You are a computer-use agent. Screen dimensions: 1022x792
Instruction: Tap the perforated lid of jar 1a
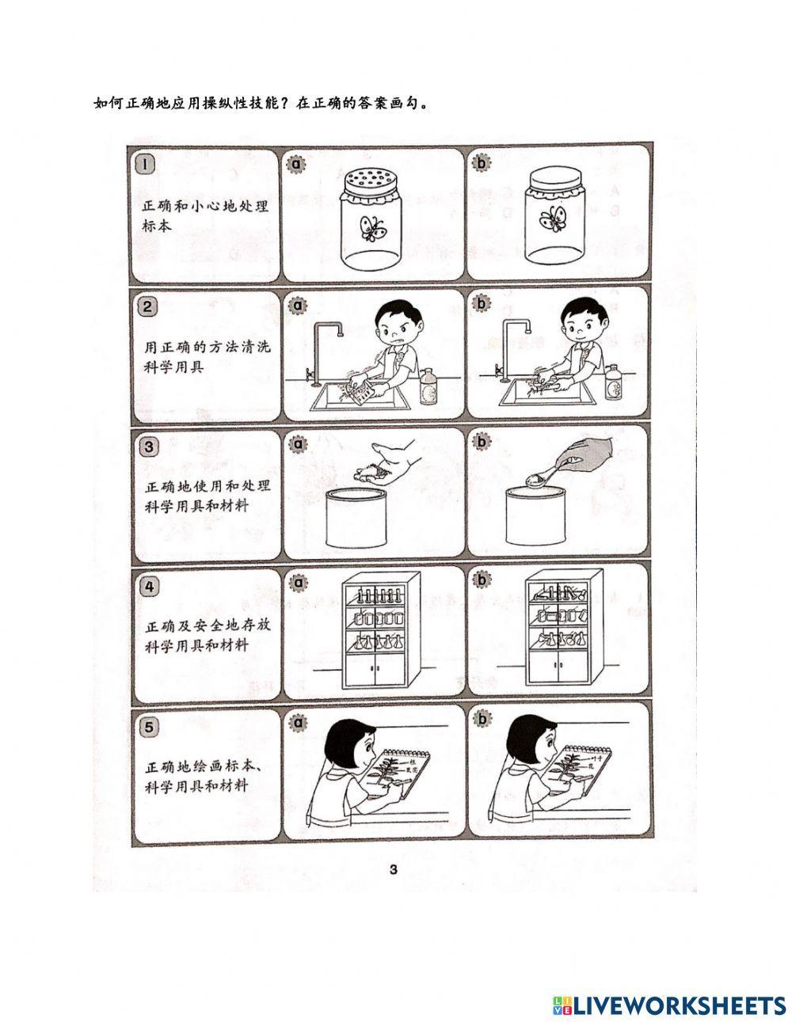click(x=371, y=182)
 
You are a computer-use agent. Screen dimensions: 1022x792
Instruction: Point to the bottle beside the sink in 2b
click(x=612, y=383)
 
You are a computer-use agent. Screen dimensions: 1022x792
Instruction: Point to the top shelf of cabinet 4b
click(x=558, y=591)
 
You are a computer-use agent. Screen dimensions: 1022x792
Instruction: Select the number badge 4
click(x=147, y=586)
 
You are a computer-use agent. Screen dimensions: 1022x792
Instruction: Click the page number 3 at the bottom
click(x=393, y=872)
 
